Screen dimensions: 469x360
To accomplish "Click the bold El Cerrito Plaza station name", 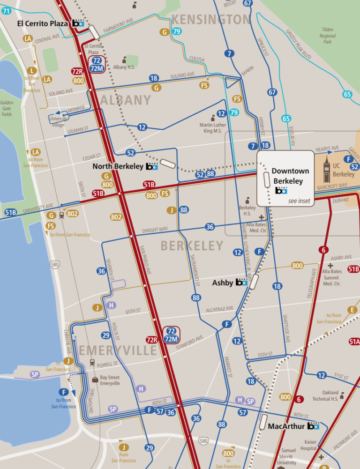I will [43, 23].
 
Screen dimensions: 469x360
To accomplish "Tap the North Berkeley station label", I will [118, 166].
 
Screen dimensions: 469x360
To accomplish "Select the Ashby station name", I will [223, 283].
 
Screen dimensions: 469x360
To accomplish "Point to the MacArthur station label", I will [286, 426].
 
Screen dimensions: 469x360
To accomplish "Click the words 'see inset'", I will [299, 201].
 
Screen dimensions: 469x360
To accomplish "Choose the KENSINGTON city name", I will [211, 19].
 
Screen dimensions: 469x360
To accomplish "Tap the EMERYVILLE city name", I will [118, 350].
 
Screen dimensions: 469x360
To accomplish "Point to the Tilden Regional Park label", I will [328, 36].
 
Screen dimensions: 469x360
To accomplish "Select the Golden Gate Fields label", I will [7, 108].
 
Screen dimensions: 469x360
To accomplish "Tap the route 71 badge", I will [6, 11].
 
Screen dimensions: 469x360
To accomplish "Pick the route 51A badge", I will [354, 342].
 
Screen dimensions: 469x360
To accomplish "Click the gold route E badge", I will [352, 310].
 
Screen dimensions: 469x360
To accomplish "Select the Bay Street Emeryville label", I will [110, 380].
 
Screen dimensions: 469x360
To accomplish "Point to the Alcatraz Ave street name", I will [219, 309].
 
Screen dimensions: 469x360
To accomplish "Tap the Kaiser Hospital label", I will [309, 445].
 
